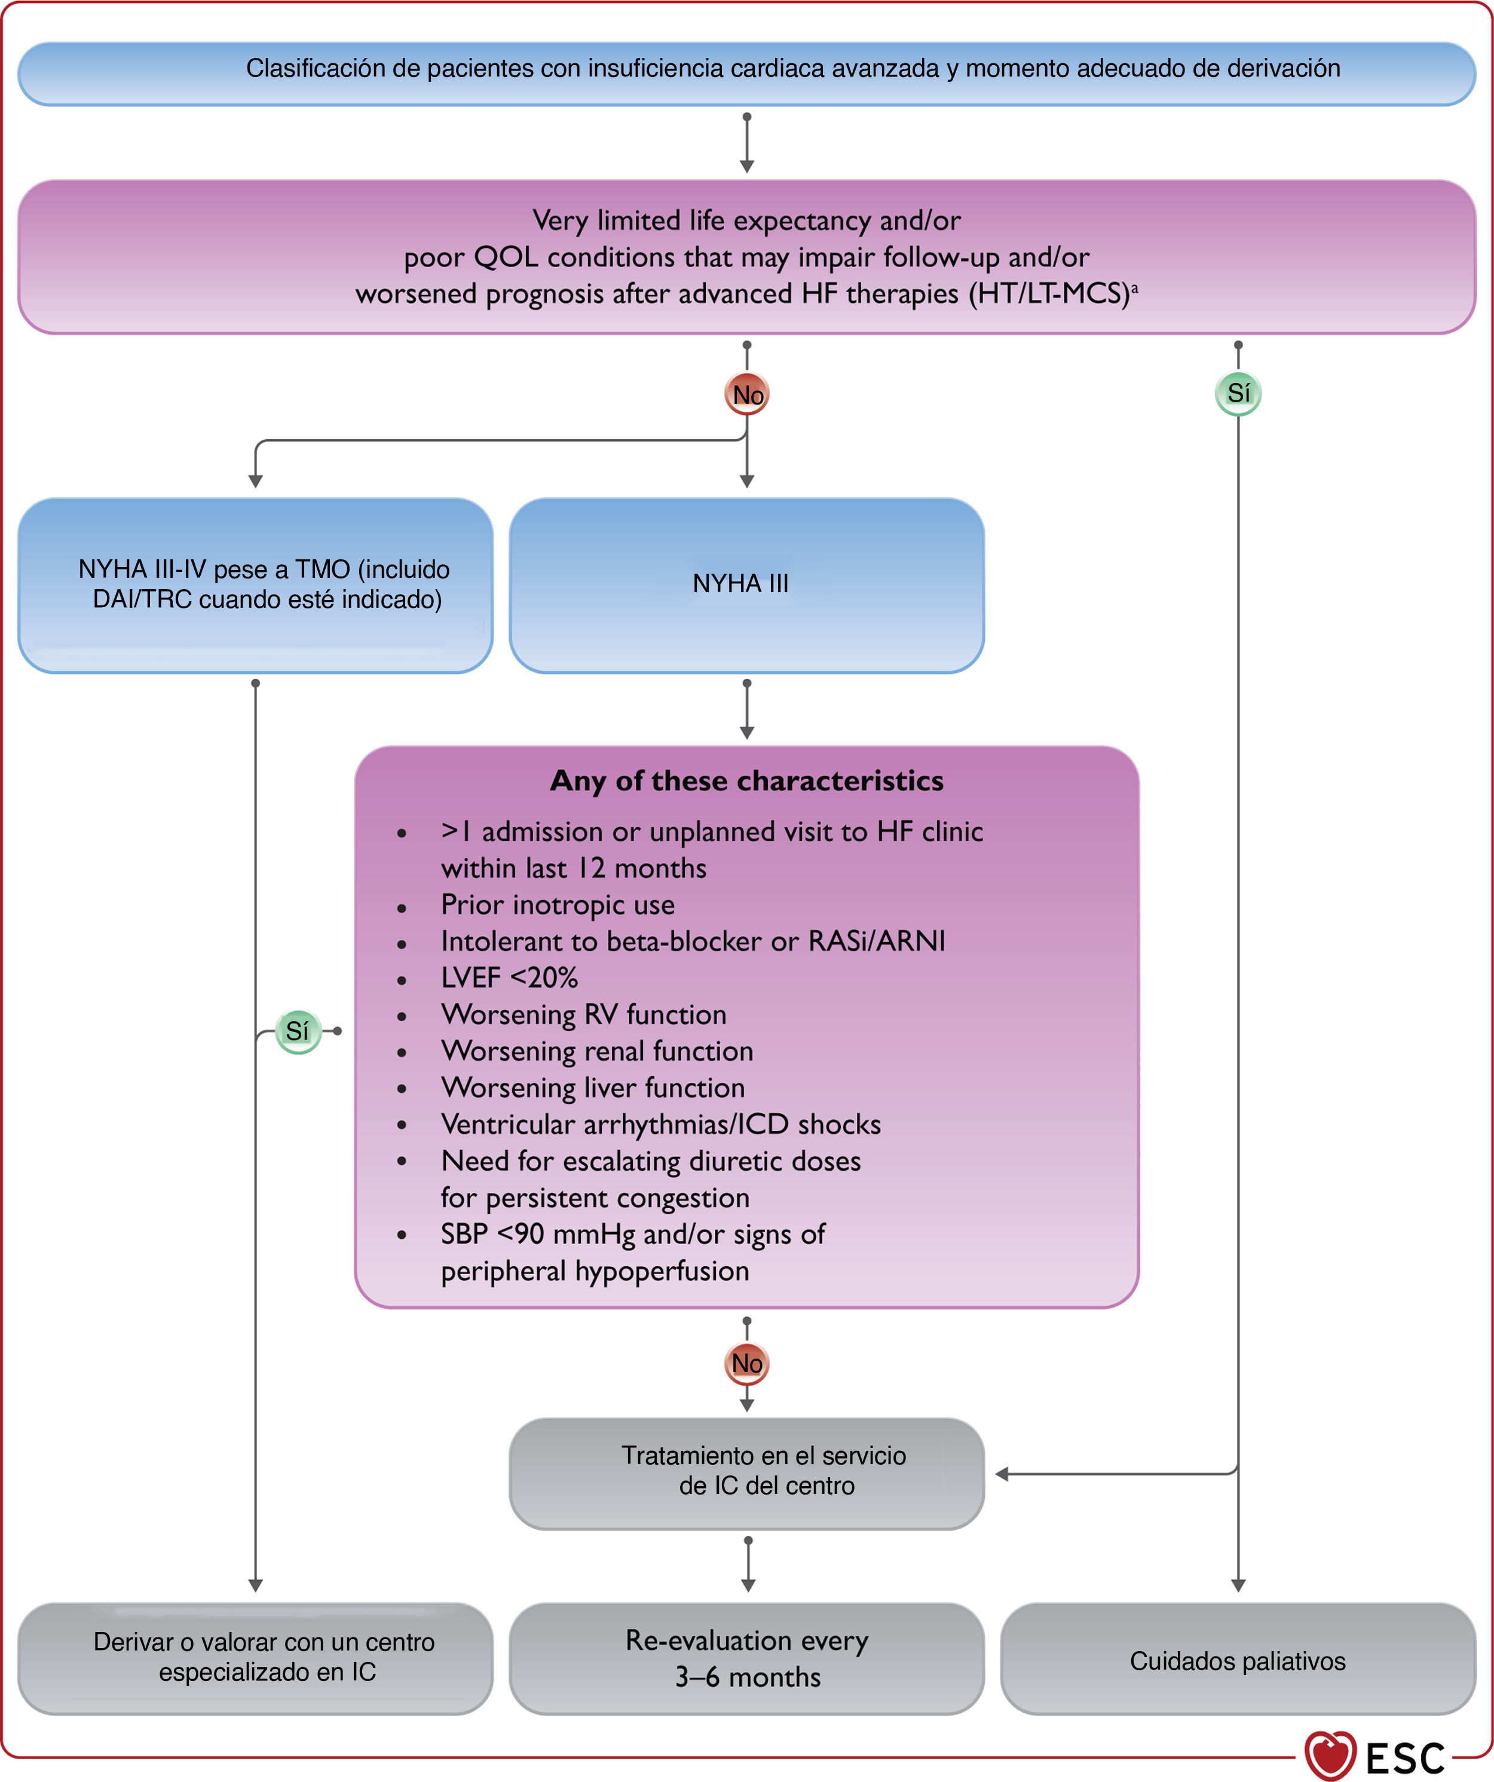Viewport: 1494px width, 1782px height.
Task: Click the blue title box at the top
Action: click(746, 74)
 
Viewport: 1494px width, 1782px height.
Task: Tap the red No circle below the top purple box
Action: click(746, 394)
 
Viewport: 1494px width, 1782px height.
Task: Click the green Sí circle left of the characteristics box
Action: click(298, 1031)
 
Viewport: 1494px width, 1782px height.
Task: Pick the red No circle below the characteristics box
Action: click(746, 1363)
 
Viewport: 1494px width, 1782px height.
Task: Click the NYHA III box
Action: click(746, 586)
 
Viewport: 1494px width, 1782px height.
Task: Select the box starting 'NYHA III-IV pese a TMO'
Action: click(255, 586)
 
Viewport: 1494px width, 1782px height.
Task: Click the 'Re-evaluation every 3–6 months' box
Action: click(746, 1659)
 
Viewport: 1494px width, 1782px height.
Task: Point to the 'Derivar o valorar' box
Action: click(255, 1659)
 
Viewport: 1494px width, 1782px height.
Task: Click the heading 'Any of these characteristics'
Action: click(746, 780)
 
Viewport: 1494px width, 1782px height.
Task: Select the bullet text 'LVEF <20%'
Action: click(509, 978)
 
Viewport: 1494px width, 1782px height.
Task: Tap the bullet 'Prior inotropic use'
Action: click(558, 905)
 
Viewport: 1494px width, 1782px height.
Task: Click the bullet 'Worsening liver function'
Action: click(593, 1087)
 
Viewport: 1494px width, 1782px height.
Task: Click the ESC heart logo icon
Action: click(1330, 1755)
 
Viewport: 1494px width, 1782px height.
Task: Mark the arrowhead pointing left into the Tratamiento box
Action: click(1001, 1474)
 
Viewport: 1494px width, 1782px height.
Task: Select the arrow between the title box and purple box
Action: click(746, 143)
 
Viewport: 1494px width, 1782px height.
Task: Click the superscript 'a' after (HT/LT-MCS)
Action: click(1135, 289)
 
